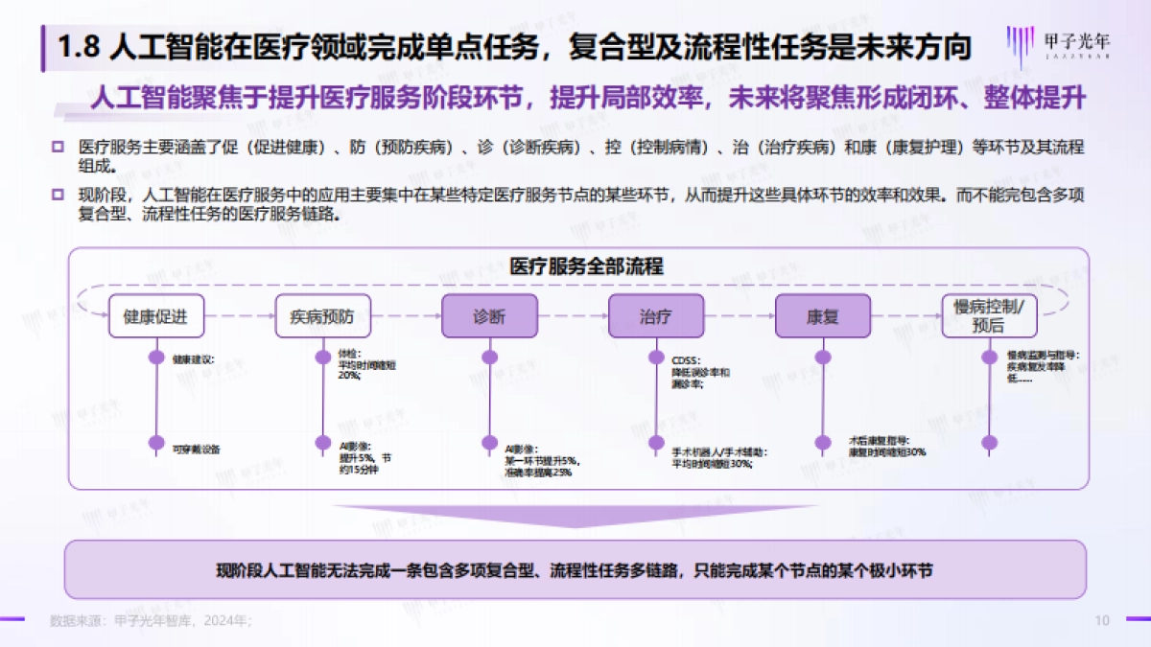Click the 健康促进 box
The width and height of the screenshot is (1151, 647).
click(155, 316)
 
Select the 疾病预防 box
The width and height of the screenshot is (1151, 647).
click(322, 316)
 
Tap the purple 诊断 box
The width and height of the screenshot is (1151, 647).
click(489, 316)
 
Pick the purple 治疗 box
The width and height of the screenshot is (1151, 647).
click(656, 316)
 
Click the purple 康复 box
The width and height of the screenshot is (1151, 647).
click(822, 316)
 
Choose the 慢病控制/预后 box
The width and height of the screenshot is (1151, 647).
click(989, 315)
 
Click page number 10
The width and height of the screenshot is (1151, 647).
click(1102, 621)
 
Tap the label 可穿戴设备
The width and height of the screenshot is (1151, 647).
click(197, 448)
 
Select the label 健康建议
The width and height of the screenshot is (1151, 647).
click(194, 360)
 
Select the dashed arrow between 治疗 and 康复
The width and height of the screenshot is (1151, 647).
click(740, 316)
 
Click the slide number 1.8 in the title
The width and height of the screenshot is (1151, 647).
click(79, 47)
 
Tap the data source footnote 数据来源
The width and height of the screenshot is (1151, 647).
click(150, 621)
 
